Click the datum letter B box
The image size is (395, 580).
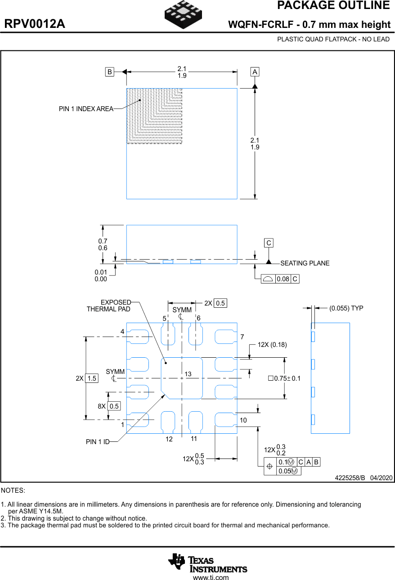(x=109, y=72)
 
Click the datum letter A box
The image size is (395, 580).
(x=255, y=72)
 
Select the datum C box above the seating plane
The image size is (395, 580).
(x=269, y=243)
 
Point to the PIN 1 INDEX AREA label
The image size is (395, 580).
(x=86, y=109)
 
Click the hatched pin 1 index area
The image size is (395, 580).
(x=154, y=116)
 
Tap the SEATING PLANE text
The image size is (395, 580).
(x=305, y=263)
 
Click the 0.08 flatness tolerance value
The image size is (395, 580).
(x=283, y=279)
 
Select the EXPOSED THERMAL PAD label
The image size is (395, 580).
(x=109, y=306)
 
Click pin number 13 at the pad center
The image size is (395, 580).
(x=188, y=374)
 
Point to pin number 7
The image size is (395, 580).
(x=242, y=337)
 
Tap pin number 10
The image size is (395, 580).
(x=243, y=420)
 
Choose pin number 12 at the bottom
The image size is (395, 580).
(x=169, y=439)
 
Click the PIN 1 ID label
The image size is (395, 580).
(x=98, y=442)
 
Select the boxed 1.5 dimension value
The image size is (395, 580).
(x=92, y=378)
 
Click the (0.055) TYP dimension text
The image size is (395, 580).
(x=346, y=308)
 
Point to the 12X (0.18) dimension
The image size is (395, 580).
(x=272, y=345)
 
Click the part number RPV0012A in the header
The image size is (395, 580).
(x=35, y=24)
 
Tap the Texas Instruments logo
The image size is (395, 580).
(x=207, y=563)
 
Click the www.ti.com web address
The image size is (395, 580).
(x=211, y=578)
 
